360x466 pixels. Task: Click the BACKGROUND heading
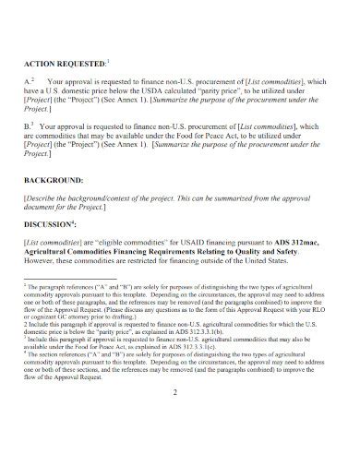(54, 182)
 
